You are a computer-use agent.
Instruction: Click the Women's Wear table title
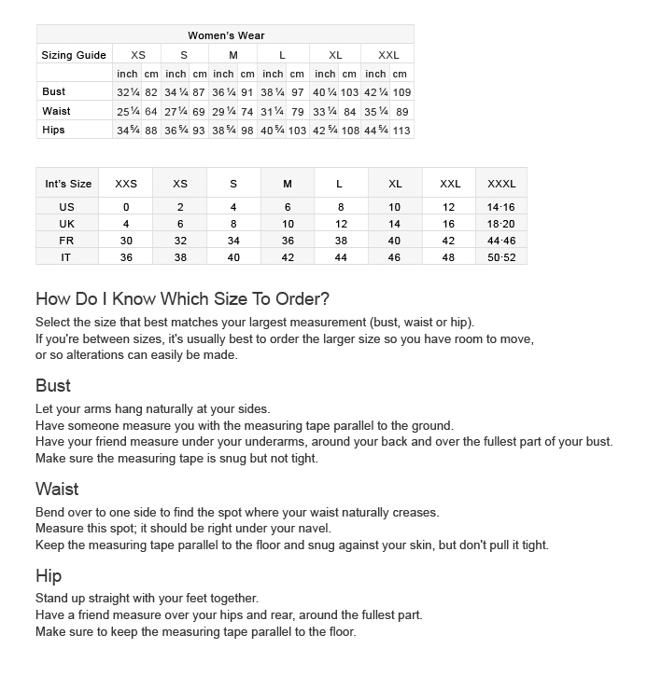(226, 35)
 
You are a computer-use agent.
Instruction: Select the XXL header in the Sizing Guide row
(387, 55)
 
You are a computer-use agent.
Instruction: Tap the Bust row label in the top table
(54, 92)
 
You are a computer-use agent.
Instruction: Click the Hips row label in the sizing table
(54, 130)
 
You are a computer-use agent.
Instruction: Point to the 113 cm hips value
(401, 131)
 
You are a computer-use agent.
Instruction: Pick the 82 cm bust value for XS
(151, 93)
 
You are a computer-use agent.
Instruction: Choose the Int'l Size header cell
(68, 184)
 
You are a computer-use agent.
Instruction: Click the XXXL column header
(501, 184)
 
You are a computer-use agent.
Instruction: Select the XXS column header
(126, 184)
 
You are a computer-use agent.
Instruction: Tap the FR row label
(66, 241)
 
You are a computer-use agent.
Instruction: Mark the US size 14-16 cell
(501, 207)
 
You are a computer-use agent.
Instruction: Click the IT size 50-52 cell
(501, 257)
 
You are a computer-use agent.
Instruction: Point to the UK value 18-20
(501, 224)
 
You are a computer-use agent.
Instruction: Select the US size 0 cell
(126, 207)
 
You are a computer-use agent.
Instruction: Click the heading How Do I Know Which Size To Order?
(182, 299)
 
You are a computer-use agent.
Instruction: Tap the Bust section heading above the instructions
(53, 386)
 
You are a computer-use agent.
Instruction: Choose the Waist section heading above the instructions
(57, 490)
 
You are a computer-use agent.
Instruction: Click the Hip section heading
(49, 575)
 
